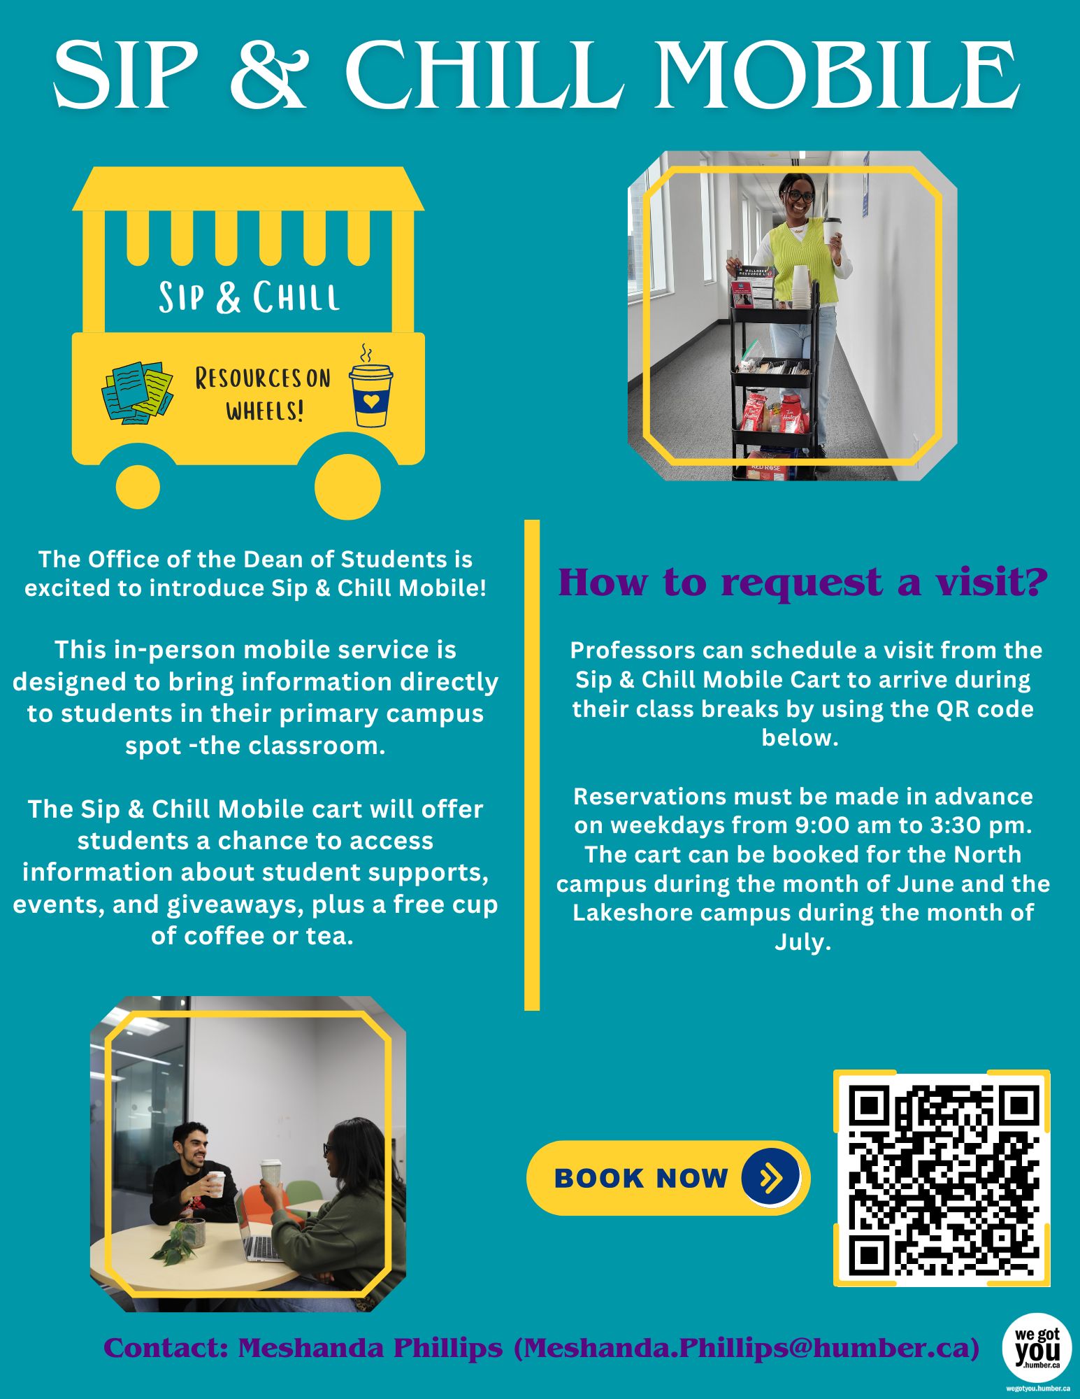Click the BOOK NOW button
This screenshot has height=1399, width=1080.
668,1178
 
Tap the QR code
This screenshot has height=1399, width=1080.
942,1178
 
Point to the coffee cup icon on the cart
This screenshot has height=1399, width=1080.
370,386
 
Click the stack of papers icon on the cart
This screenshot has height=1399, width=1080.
137,392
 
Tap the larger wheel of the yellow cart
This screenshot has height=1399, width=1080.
347,486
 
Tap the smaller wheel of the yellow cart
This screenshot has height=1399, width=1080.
138,486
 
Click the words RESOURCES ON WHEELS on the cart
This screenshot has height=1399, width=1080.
264,394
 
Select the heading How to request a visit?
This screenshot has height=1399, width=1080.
803,582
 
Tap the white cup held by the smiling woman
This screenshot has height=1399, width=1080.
831,230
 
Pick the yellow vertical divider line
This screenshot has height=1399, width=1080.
532,765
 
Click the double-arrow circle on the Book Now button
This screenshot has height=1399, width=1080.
770,1179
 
